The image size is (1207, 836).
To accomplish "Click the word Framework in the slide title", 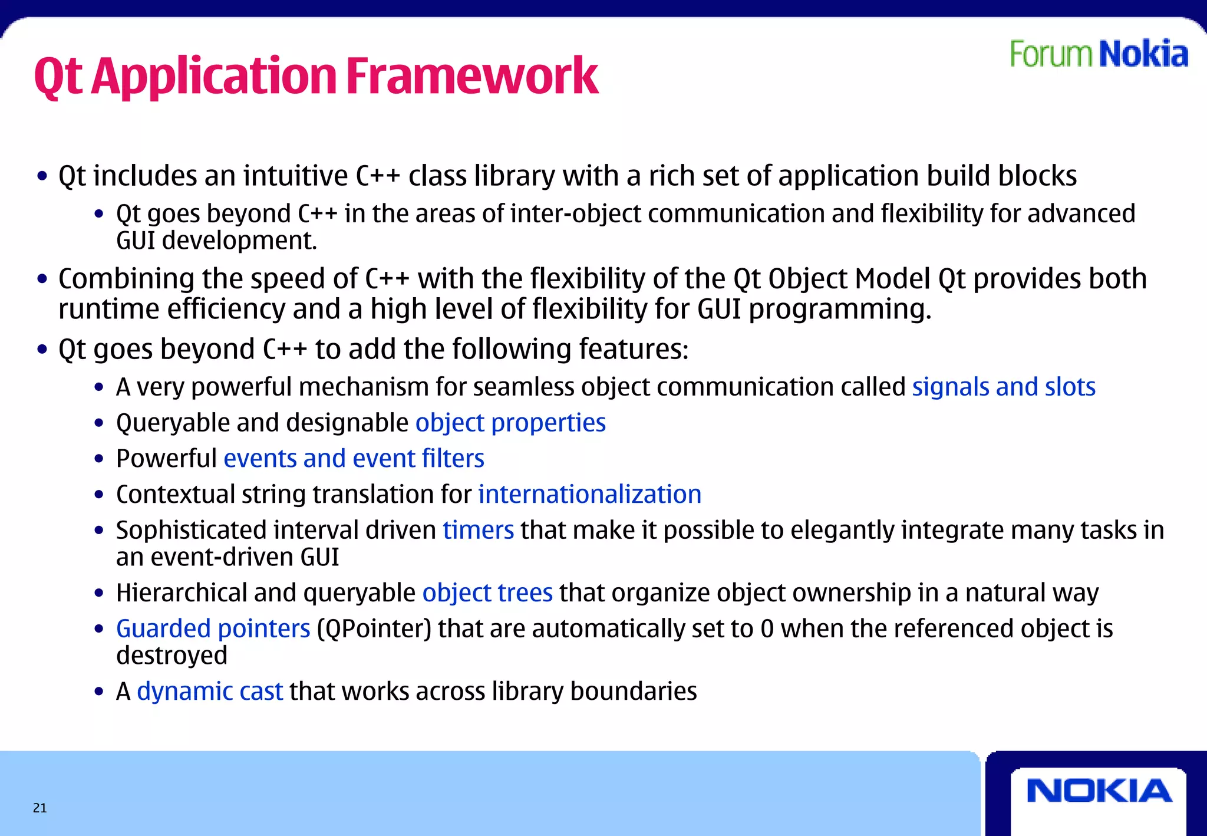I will [471, 76].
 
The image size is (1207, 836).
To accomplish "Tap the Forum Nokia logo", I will [1099, 54].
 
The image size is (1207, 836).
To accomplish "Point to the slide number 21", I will [39, 808].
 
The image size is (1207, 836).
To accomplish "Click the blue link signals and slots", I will [1003, 387].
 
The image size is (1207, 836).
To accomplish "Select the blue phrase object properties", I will [510, 423].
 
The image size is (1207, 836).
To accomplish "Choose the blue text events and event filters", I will [354, 459].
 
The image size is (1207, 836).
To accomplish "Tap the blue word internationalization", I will [589, 495].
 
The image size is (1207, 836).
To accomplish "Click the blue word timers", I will [478, 530].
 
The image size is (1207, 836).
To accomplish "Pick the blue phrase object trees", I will [487, 593].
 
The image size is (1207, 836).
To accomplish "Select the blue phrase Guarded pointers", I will [213, 628].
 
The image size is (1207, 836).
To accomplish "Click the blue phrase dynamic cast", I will [210, 692].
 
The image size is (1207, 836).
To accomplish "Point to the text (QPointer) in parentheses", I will [374, 628].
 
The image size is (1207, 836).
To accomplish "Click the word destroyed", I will [172, 656].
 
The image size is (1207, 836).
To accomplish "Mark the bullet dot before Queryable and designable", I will [99, 423].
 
